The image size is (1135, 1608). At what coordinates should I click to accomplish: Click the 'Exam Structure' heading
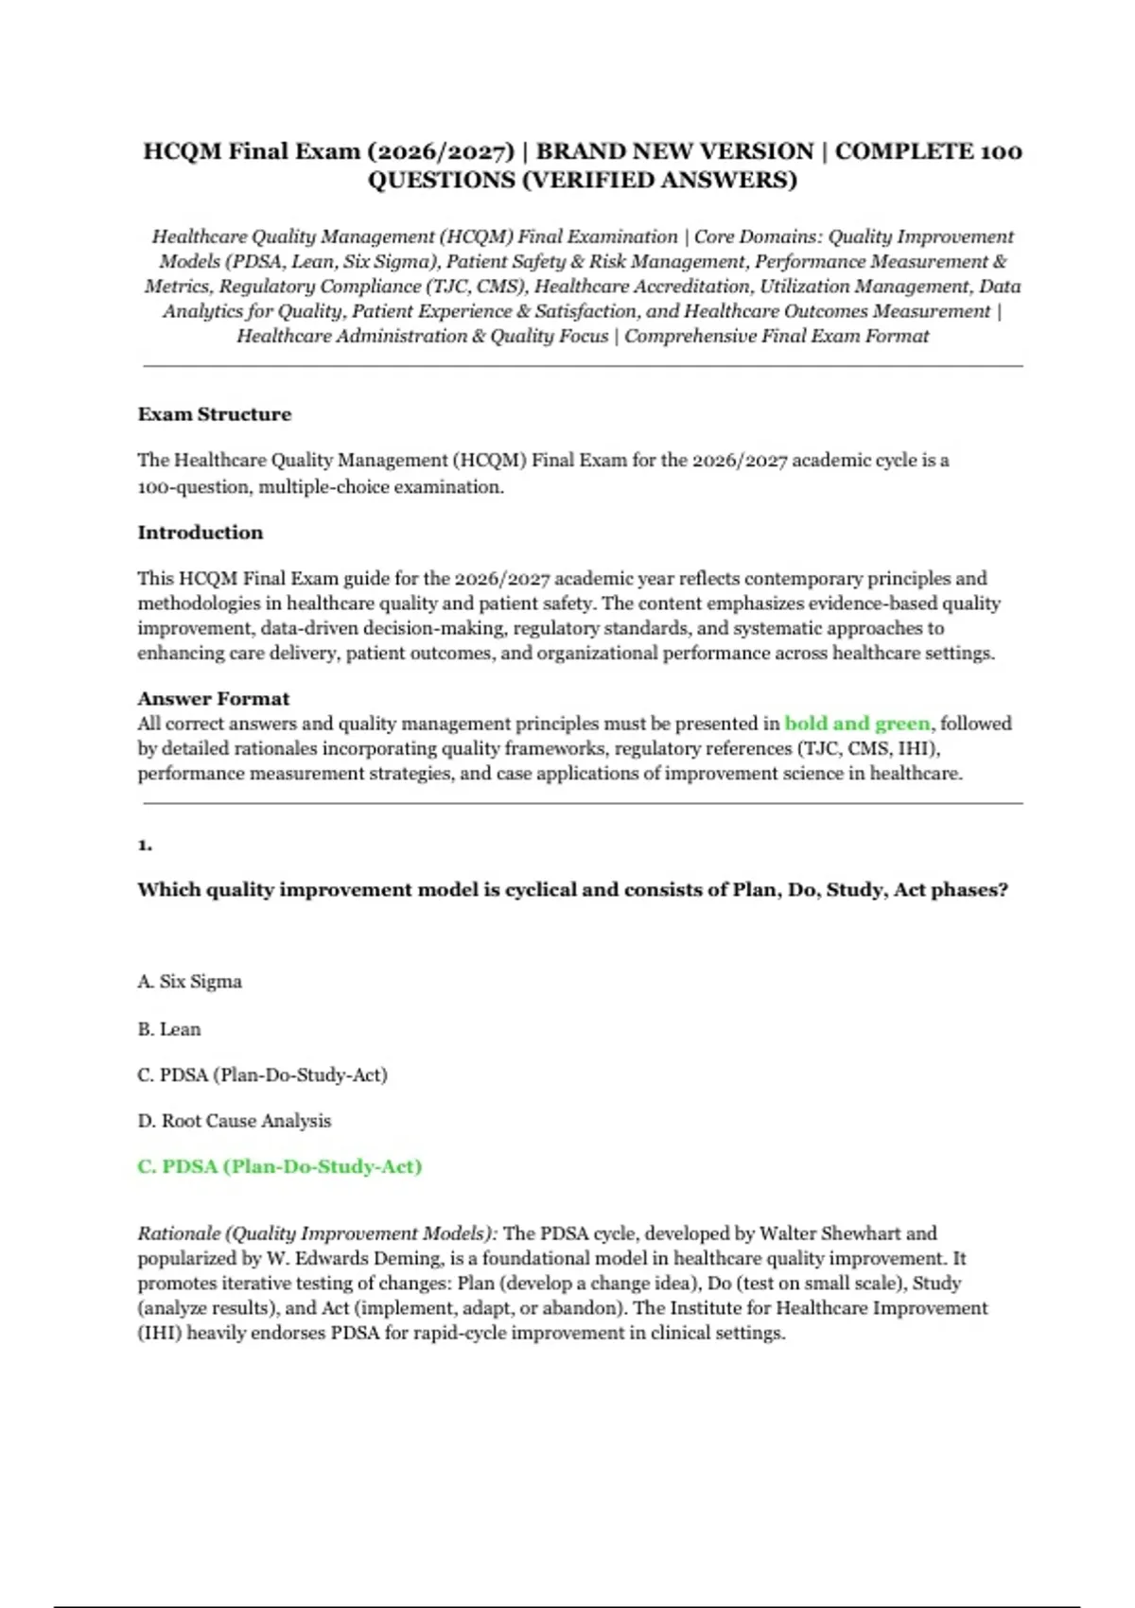pos(215,414)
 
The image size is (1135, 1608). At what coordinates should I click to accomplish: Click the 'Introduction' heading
pos(201,533)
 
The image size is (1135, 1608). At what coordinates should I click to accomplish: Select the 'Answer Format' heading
pos(214,699)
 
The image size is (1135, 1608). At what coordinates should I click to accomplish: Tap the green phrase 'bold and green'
pos(857,724)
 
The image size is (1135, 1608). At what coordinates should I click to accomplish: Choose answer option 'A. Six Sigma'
pos(190,982)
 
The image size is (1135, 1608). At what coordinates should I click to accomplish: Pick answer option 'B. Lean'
pos(169,1029)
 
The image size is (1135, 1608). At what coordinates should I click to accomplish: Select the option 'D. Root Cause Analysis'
pos(235,1121)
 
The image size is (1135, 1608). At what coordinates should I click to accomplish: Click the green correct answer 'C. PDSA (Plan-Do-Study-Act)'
pos(280,1167)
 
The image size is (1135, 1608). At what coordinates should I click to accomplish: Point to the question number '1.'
pos(145,845)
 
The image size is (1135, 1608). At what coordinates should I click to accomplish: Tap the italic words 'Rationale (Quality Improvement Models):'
pos(318,1233)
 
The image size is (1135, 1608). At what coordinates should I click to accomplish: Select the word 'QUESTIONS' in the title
pos(441,181)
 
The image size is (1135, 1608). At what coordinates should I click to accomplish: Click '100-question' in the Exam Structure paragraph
pos(196,487)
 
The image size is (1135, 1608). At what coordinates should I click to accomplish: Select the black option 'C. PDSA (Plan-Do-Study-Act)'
pos(263,1075)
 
